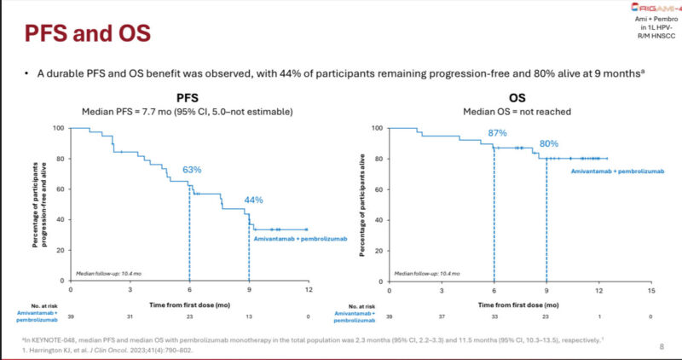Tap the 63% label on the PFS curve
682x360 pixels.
click(191, 170)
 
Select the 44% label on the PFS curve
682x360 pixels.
click(254, 200)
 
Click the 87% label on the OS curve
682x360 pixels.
click(498, 133)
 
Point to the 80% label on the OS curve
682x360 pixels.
click(548, 144)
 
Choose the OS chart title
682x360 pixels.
click(517, 98)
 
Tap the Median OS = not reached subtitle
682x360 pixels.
click(517, 112)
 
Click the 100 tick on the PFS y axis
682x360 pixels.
click(58, 128)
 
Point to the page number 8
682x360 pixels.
click(662, 346)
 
